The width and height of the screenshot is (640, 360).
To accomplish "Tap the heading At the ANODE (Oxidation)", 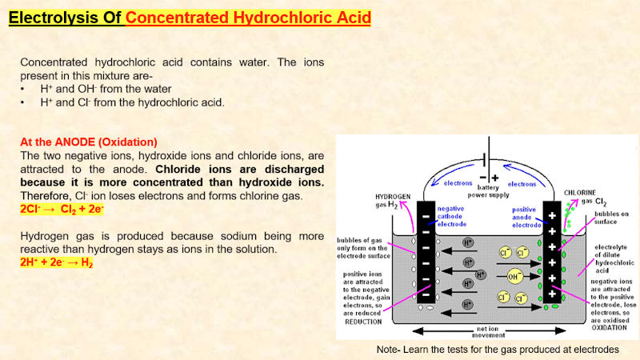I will point(89,142).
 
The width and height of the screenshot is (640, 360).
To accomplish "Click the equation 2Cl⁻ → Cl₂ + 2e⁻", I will point(62,209).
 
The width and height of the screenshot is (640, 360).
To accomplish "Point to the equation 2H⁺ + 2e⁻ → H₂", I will point(56,262).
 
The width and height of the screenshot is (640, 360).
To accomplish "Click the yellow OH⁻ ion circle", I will point(515,276).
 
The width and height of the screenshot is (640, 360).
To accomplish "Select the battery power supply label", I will point(488,190).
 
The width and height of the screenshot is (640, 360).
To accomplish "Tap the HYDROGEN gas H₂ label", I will point(394,200).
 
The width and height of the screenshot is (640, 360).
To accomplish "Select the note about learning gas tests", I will point(498,350).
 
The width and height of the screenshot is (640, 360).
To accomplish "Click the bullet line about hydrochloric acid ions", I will point(133,102).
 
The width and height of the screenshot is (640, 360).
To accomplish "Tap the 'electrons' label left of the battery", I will point(458,183).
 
